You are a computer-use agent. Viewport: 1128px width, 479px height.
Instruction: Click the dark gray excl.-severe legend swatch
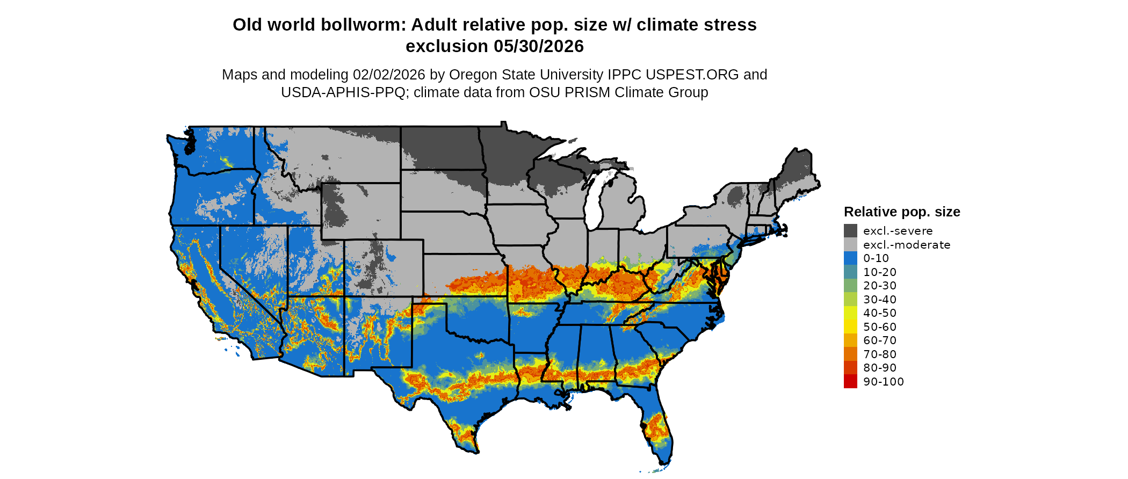(x=850, y=231)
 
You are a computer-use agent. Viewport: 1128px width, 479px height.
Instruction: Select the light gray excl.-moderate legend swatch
(x=850, y=244)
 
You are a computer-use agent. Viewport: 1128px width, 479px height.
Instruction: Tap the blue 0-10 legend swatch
(x=850, y=258)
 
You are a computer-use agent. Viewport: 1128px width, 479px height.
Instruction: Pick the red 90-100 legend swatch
(x=850, y=381)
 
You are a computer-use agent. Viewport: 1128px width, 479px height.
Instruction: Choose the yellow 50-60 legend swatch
(x=850, y=326)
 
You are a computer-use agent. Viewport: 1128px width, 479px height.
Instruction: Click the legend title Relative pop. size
(x=902, y=212)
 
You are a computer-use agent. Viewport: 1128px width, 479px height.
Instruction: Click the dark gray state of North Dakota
(x=440, y=148)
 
